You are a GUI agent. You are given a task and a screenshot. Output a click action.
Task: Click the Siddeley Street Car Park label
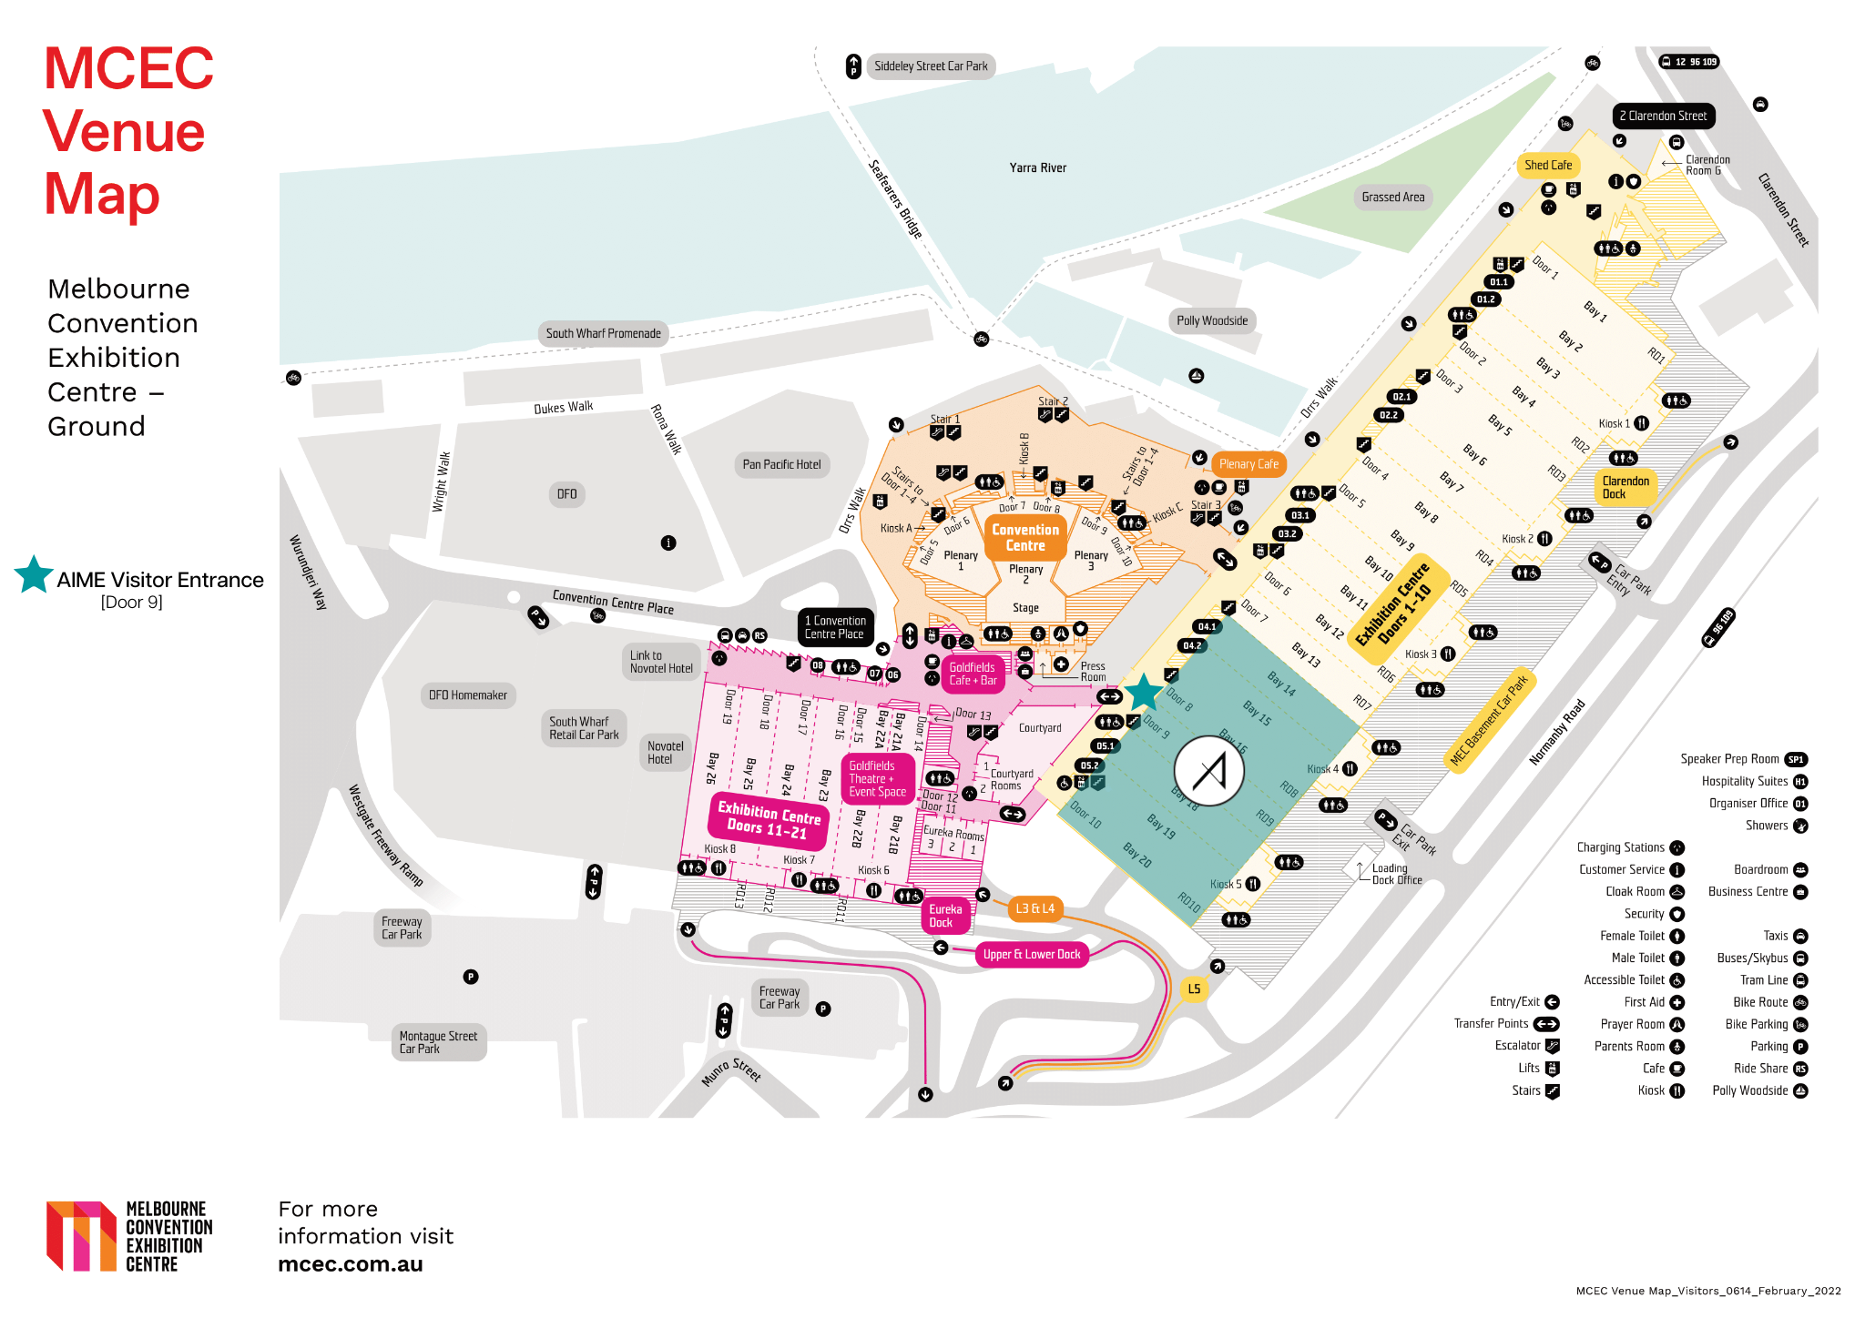(x=930, y=66)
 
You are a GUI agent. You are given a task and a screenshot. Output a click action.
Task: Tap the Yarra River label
(x=1037, y=167)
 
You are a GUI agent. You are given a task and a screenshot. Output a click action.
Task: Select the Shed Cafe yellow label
(x=1548, y=166)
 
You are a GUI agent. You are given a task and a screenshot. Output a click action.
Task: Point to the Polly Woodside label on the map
(x=1211, y=320)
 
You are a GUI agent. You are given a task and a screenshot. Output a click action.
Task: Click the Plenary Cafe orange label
(x=1248, y=464)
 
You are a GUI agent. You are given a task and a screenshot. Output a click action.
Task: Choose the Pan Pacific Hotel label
(x=781, y=464)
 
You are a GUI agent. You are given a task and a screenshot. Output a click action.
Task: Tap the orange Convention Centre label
(x=1025, y=538)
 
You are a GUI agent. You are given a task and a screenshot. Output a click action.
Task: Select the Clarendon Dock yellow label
(x=1626, y=488)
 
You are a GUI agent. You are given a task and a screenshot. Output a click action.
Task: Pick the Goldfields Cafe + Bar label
(x=973, y=674)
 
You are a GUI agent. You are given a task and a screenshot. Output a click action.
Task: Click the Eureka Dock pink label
(x=945, y=916)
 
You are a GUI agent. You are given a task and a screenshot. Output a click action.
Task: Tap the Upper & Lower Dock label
(x=1032, y=954)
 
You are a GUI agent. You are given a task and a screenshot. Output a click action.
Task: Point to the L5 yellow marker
(x=1194, y=988)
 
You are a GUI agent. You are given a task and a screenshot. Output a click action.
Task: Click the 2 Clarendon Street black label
(x=1663, y=117)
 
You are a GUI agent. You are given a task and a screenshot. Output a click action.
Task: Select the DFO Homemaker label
(x=468, y=695)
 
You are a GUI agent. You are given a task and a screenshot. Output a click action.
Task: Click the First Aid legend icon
(x=1676, y=1002)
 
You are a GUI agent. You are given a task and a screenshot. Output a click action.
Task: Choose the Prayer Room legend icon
(x=1676, y=1024)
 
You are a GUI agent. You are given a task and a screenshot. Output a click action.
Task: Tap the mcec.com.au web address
(x=350, y=1264)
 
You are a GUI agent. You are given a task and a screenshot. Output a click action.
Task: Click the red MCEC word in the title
(x=128, y=69)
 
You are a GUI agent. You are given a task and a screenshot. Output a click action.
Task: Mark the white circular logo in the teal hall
(x=1209, y=771)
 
